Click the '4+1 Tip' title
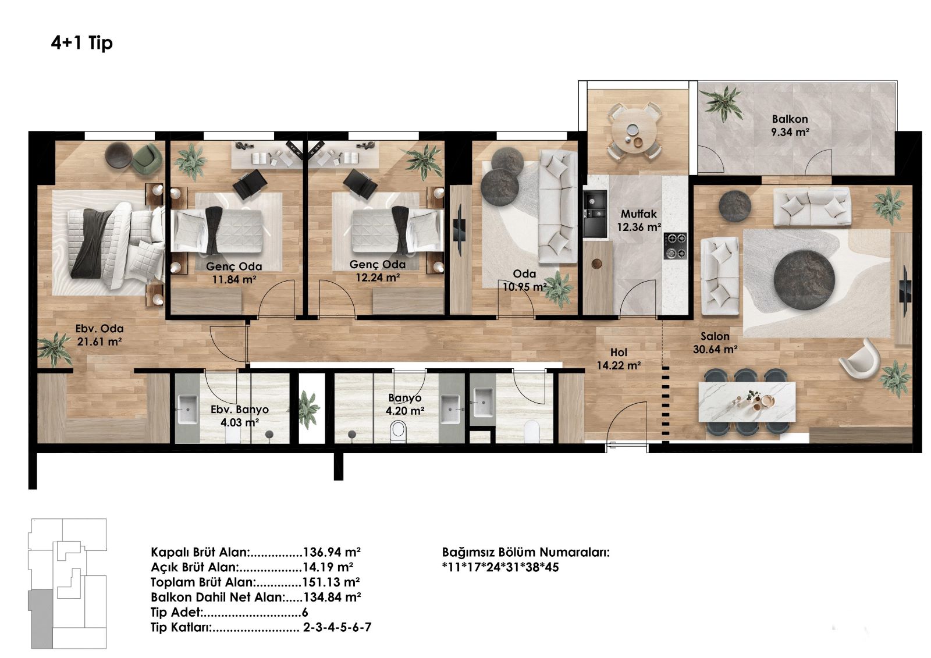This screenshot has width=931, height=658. click(82, 43)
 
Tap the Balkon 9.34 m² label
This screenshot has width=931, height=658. click(790, 126)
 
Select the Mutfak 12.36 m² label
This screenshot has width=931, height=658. click(639, 220)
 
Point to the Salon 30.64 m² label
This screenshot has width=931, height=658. click(715, 343)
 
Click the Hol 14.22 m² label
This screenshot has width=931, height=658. click(619, 359)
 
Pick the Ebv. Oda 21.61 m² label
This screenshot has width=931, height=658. click(100, 335)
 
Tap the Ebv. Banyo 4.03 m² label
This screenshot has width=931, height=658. click(240, 415)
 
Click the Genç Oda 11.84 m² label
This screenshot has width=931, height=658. click(234, 273)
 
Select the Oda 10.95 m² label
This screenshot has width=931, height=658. click(524, 280)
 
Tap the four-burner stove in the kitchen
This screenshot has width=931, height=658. click(675, 246)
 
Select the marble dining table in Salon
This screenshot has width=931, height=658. click(747, 401)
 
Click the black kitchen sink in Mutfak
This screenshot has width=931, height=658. click(595, 215)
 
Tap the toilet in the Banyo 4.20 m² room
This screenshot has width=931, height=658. click(398, 432)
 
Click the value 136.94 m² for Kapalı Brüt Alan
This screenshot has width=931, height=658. click(332, 552)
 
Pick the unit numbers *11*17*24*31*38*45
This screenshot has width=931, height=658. click(500, 567)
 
